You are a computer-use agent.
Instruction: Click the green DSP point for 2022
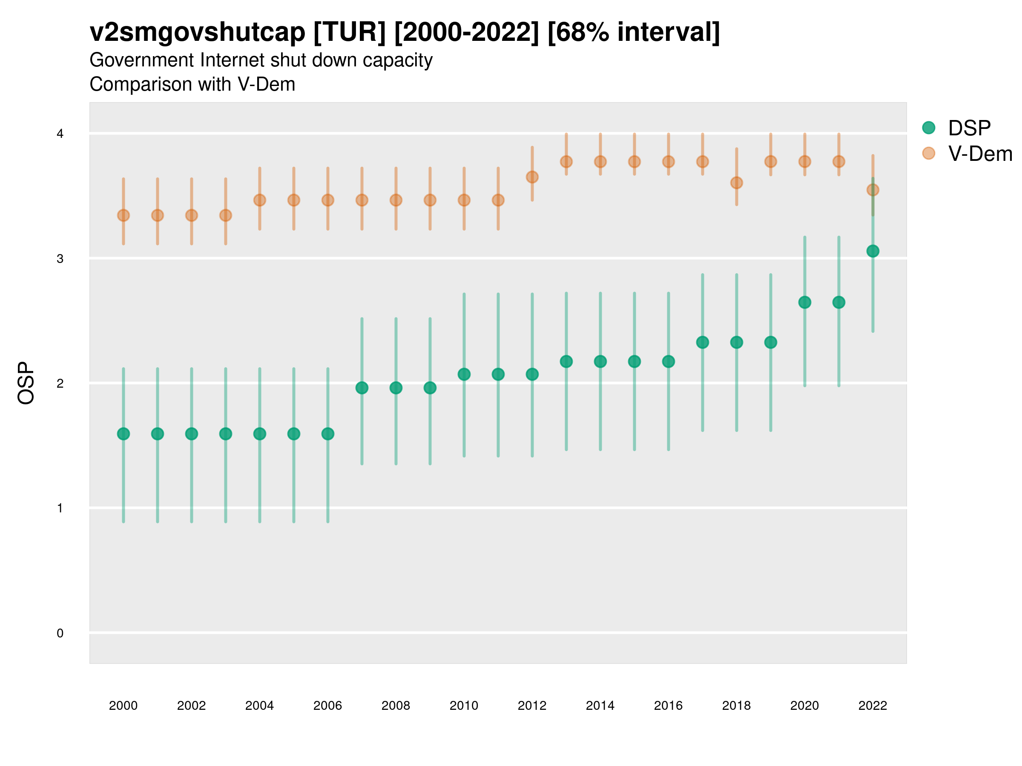click(x=873, y=251)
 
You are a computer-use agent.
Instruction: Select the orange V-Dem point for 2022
click(x=873, y=190)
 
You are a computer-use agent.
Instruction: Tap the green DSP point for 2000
click(x=123, y=434)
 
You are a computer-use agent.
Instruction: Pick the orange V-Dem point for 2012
click(x=532, y=177)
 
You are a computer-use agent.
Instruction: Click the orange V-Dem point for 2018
click(x=736, y=183)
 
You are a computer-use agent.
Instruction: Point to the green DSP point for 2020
click(x=805, y=303)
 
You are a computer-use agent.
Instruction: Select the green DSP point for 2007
click(x=362, y=388)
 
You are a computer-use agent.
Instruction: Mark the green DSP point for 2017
click(x=702, y=343)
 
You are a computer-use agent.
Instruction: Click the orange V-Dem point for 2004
click(x=260, y=200)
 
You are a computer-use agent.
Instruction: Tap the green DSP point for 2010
click(x=464, y=374)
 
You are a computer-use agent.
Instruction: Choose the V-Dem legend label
click(x=980, y=154)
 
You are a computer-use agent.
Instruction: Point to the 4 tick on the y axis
click(x=60, y=134)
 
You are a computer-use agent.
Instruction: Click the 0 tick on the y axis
click(x=60, y=634)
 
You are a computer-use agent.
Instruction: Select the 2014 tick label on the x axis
click(x=600, y=706)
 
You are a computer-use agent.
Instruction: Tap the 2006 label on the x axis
click(x=327, y=706)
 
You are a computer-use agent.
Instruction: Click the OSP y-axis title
click(x=26, y=383)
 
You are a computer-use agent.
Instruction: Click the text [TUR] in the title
click(x=349, y=32)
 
